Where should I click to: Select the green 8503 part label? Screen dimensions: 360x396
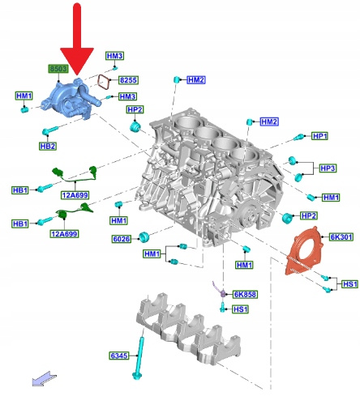[58, 69]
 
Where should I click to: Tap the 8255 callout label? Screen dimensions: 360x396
[128, 80]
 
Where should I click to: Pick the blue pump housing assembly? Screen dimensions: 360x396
[70, 99]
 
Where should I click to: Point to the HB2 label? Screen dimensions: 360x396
[48, 147]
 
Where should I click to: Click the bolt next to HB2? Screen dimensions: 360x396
[49, 130]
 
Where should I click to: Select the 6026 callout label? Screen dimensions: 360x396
[121, 239]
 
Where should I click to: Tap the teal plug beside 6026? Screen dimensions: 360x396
[144, 236]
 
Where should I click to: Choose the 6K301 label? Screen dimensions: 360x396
[341, 237]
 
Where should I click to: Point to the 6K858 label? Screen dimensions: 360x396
[245, 294]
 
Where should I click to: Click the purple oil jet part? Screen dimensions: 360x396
[221, 290]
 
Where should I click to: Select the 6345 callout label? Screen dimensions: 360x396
[119, 356]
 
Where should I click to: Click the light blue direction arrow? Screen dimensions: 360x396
[44, 379]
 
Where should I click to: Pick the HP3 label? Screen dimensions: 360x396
[328, 168]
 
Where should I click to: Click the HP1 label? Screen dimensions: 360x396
[319, 136]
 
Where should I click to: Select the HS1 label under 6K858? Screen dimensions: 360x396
[241, 309]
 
